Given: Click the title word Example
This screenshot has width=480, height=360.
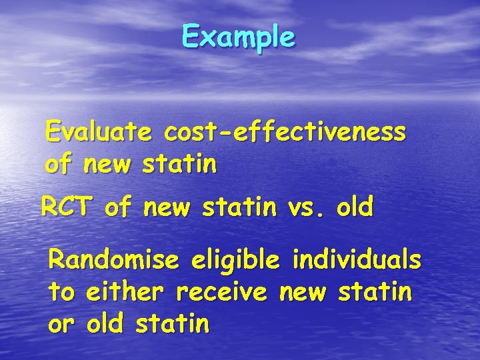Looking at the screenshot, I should click(x=238, y=37).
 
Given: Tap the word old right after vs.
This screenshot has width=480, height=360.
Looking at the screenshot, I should click(x=355, y=207).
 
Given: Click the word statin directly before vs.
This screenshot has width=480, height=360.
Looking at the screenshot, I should click(x=238, y=207).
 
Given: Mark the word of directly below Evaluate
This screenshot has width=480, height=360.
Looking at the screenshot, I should click(x=59, y=164).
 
